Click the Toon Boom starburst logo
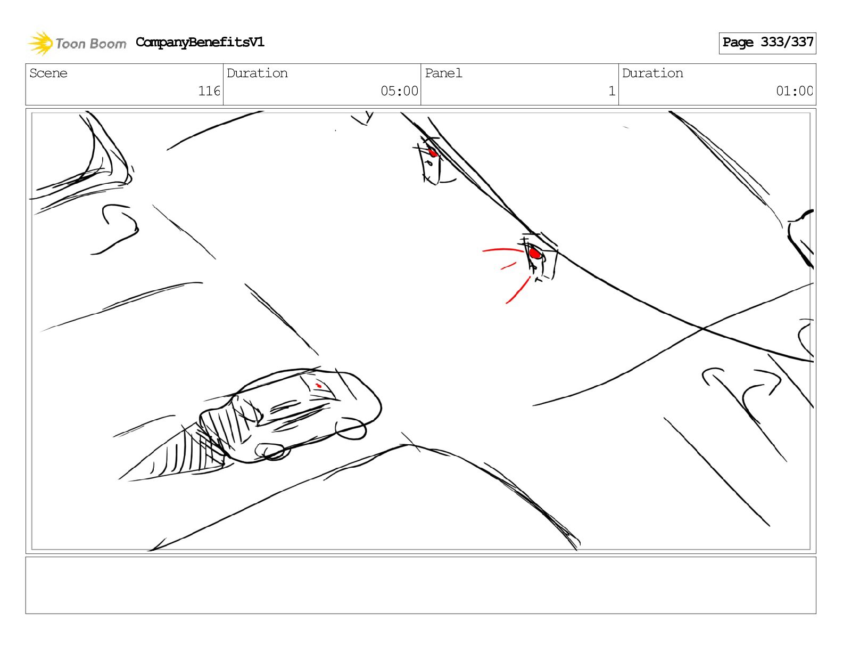click(x=40, y=43)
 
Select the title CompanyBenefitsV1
click(x=200, y=42)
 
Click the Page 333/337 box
click(x=767, y=43)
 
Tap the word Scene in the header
click(x=48, y=73)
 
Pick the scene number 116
click(x=209, y=91)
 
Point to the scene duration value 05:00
click(x=399, y=91)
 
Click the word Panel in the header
click(x=443, y=73)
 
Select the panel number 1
click(x=612, y=91)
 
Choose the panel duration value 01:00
click(x=794, y=91)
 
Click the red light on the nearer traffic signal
click(x=535, y=254)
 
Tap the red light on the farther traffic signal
click(x=433, y=152)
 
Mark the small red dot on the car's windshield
click(x=319, y=385)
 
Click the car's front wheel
click(x=350, y=429)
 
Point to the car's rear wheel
click(x=272, y=452)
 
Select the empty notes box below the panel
click(x=420, y=585)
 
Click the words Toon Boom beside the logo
click(x=91, y=44)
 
